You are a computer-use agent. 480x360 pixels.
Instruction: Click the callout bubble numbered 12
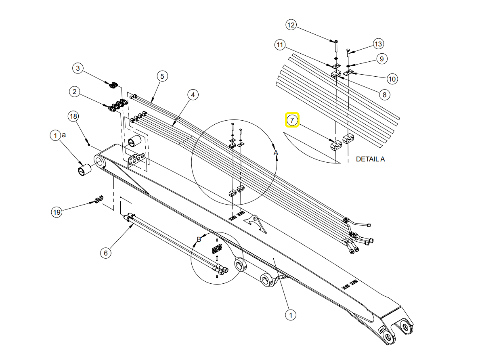tap(291, 25)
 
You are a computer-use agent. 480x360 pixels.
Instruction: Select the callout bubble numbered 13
tap(378, 44)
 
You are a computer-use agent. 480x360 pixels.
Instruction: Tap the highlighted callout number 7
tap(292, 120)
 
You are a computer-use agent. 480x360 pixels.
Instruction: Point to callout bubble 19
tap(57, 212)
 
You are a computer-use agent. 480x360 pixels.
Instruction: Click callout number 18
tap(73, 116)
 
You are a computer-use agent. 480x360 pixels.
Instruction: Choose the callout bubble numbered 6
tap(106, 253)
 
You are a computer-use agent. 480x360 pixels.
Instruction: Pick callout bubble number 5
tap(162, 76)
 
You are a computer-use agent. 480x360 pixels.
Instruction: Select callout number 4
tap(193, 95)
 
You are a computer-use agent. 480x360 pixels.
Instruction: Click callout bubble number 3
tap(78, 68)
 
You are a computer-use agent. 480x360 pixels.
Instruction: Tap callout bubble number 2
tap(75, 92)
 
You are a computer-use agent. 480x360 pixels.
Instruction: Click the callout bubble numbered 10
tap(392, 79)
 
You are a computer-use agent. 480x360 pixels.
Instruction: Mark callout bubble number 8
tap(384, 95)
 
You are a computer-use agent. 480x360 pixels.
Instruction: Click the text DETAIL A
tap(371, 159)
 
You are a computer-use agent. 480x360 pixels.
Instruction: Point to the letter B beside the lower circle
tap(199, 239)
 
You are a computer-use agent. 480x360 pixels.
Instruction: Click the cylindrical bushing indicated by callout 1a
tap(84, 170)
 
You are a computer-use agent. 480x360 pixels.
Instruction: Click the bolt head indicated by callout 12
tap(336, 41)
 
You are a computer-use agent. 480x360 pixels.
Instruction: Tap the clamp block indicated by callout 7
tap(336, 145)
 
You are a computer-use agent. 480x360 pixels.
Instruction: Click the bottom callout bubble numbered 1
tap(291, 315)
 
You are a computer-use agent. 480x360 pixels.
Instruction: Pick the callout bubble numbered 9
tap(381, 59)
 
